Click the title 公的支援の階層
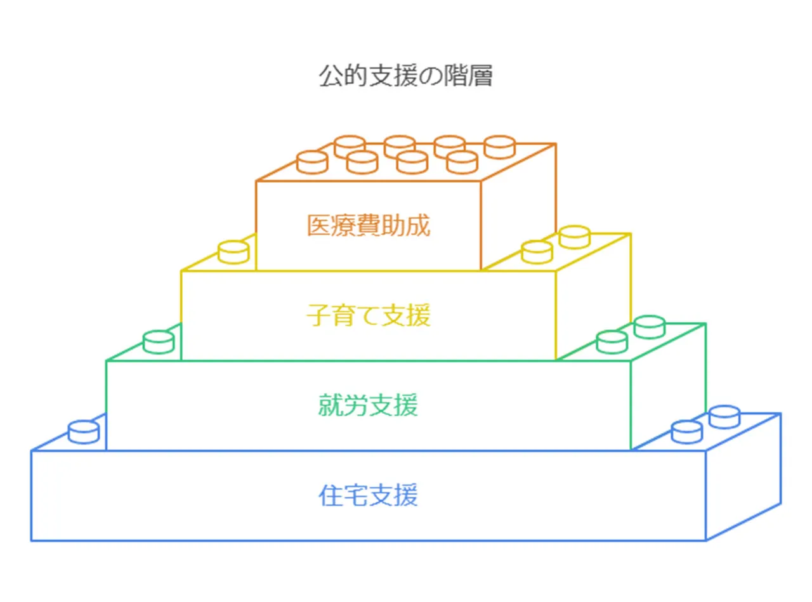pos(405,76)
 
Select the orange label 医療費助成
pos(368,226)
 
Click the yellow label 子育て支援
pos(368,315)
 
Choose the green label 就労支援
pos(368,405)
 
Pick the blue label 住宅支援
pos(368,495)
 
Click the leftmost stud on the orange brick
pos(312,162)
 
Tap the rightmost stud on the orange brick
pos(499,147)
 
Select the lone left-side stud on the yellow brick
pos(233,252)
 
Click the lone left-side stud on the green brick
pos(159,342)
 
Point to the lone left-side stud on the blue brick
pos(84,432)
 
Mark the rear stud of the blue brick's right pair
pos(724,416)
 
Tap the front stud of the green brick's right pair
pos(612,342)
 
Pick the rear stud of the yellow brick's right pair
pos(575,237)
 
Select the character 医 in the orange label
pos(318,226)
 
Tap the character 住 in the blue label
pos(331,495)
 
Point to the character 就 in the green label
pos(331,405)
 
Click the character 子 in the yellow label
pos(318,315)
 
